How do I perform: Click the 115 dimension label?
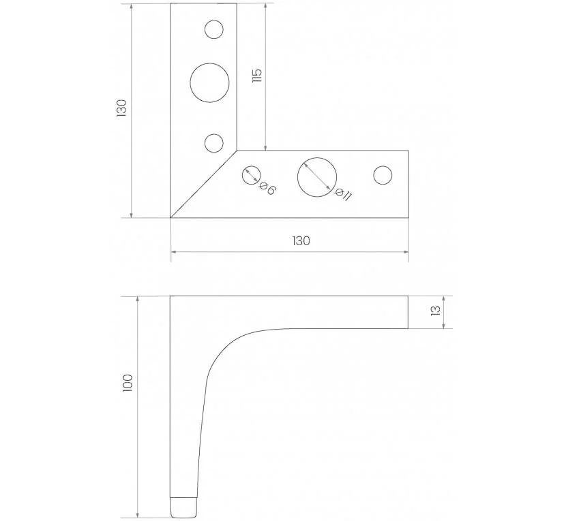click(257, 76)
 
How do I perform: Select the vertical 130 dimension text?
click(121, 108)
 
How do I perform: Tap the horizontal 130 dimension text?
click(301, 241)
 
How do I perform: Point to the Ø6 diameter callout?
click(267, 189)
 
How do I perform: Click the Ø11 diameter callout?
click(343, 194)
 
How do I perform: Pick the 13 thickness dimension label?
click(436, 311)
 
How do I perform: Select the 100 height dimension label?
click(128, 383)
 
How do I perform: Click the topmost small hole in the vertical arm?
click(213, 29)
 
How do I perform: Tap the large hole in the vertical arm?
click(210, 82)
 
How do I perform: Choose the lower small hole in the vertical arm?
click(213, 143)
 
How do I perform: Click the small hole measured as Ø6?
click(251, 175)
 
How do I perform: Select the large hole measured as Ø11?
click(317, 177)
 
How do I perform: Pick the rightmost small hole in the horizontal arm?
click(383, 175)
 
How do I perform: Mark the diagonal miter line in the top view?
click(204, 185)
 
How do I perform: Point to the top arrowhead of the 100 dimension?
click(137, 299)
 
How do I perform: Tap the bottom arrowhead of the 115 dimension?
click(265, 148)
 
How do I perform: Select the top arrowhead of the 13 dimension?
click(443, 299)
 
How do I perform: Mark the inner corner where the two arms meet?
click(237, 151)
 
